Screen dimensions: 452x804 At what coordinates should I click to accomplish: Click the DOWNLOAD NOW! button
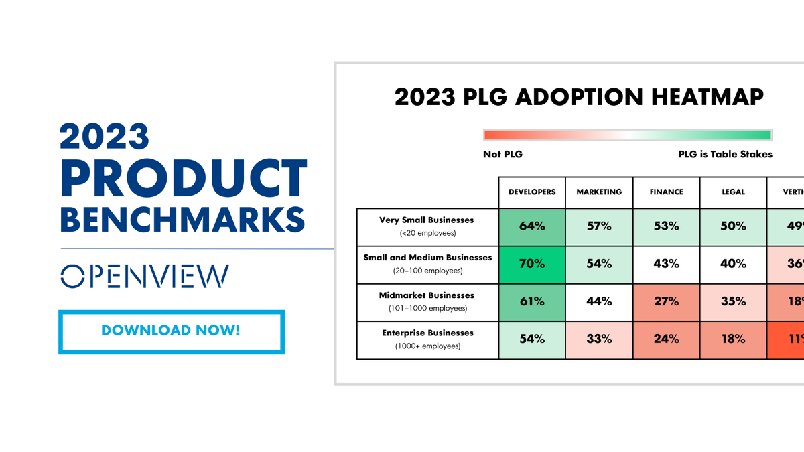point(171,331)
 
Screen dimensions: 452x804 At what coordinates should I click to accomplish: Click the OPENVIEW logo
point(144,276)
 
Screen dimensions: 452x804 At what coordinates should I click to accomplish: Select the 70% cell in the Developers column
point(532,264)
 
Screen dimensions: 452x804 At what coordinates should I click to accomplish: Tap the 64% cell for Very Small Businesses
point(532,226)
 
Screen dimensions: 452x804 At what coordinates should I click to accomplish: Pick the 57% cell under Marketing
point(599,226)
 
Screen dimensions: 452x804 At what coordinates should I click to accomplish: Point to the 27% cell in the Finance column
point(666,301)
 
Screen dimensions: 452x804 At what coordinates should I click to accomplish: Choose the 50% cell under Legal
point(733,226)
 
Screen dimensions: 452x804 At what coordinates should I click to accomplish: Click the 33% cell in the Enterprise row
point(599,339)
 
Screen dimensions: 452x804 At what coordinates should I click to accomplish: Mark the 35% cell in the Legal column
point(733,301)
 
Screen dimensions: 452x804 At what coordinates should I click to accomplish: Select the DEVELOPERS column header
point(532,192)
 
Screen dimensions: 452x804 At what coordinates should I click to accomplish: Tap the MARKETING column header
point(599,192)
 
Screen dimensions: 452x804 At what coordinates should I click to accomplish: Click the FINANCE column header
point(666,192)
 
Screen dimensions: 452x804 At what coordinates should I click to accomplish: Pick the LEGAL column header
point(733,192)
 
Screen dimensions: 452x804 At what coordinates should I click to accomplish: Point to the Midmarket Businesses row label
point(427,295)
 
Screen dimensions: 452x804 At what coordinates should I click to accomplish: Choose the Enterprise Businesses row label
point(427,333)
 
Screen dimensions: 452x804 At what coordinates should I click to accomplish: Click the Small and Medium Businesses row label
point(427,258)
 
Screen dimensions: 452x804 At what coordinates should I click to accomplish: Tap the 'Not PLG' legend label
point(503,155)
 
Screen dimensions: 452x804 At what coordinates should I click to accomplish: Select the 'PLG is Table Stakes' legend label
point(725,155)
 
